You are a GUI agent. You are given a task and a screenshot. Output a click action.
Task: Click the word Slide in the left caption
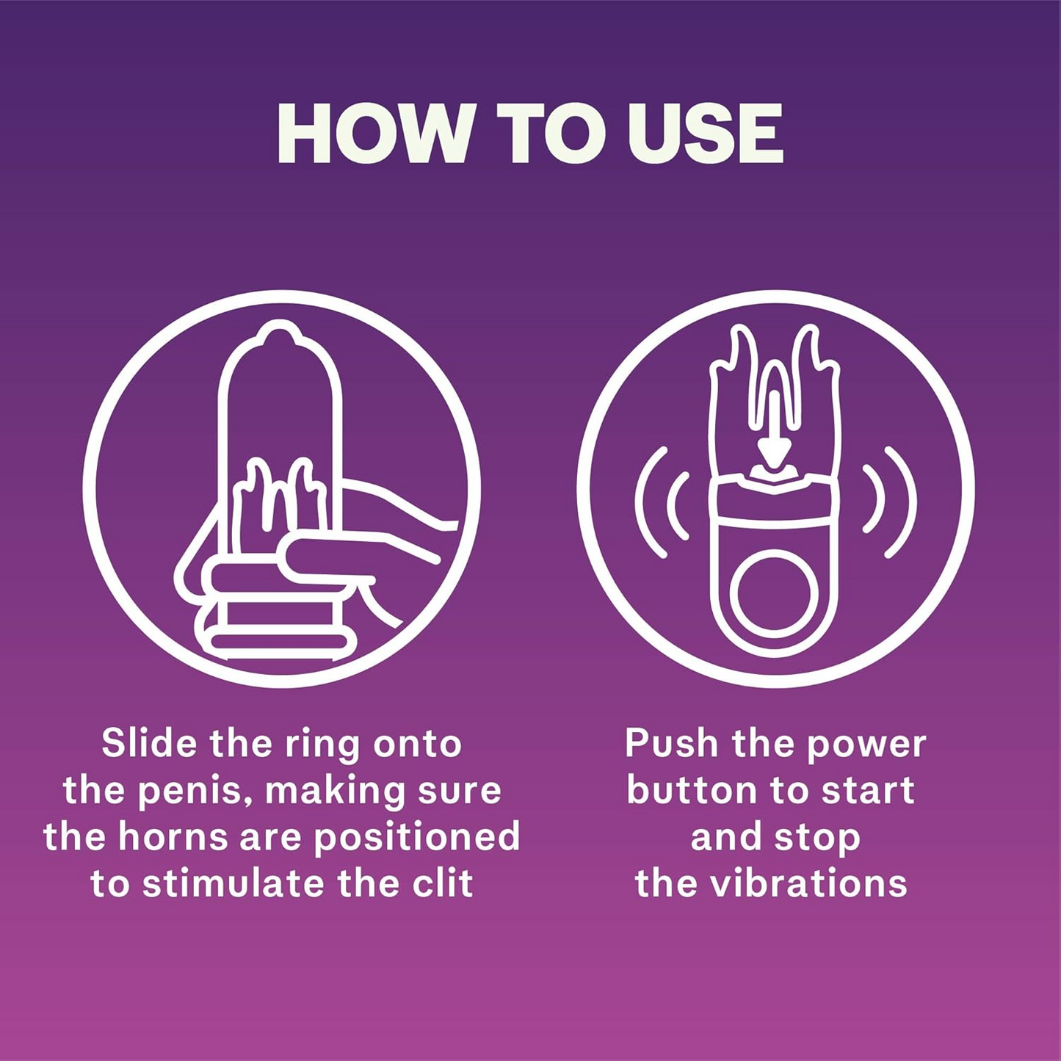coord(150,743)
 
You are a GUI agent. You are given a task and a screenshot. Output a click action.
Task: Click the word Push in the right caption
coord(671,743)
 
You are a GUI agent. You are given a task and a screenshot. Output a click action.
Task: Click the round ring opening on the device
coord(774,594)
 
